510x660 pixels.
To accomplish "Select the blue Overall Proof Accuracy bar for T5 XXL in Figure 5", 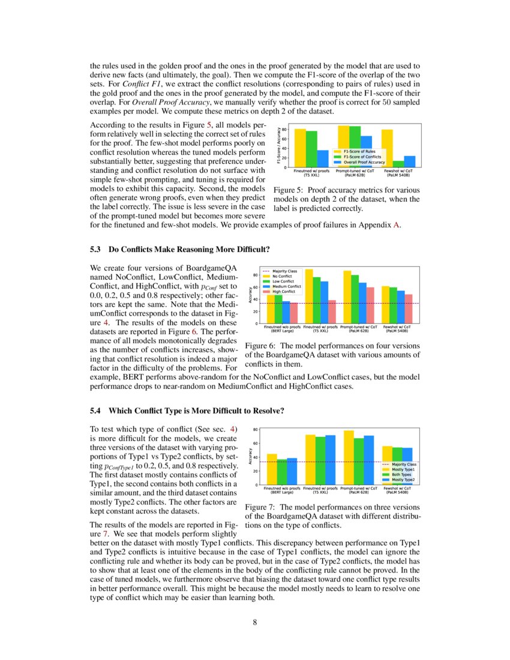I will click(323, 158).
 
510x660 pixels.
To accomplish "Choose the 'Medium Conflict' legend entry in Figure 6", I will click(287, 286).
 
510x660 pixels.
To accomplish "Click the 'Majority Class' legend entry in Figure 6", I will click(284, 271).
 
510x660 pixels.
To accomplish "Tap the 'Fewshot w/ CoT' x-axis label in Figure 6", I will click(397, 327).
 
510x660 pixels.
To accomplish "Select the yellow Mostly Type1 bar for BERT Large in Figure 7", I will click(272, 469).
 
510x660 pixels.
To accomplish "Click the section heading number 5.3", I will click(96, 248).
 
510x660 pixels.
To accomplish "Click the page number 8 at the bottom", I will click(255, 622).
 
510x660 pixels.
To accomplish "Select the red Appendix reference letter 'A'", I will click(396, 226).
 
